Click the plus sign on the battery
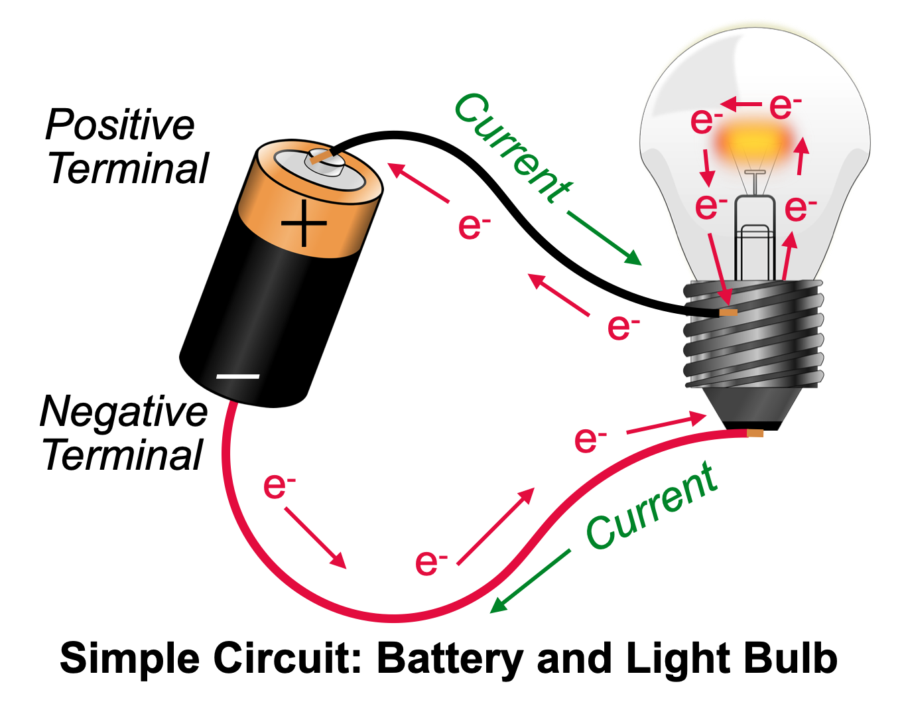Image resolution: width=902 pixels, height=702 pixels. [x=304, y=223]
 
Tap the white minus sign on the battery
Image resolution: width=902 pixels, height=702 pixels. [x=237, y=377]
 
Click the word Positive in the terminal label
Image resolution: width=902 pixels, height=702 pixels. [x=120, y=125]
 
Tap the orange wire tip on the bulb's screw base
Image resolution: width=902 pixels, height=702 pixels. [x=728, y=312]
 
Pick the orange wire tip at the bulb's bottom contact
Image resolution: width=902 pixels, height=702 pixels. [x=755, y=433]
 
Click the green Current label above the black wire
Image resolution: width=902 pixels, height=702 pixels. [x=511, y=147]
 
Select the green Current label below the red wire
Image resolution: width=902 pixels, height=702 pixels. [x=651, y=508]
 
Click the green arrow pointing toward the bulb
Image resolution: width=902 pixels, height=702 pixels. [x=604, y=238]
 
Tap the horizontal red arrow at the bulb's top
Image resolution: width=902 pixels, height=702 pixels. [x=741, y=105]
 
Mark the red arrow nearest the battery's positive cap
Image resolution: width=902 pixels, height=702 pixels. [x=419, y=182]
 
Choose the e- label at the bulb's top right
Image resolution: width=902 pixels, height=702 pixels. [x=785, y=106]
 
